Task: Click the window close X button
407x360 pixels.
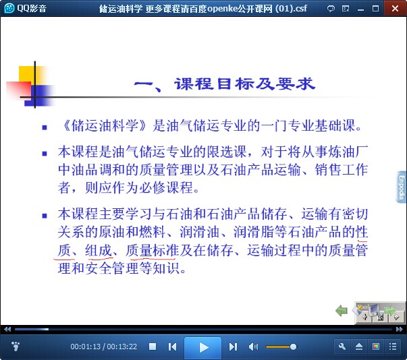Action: pos(395,9)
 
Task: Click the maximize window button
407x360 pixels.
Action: pos(375,9)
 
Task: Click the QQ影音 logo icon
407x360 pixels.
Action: pos(9,8)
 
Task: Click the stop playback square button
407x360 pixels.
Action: pos(153,347)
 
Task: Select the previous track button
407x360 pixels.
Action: pos(172,347)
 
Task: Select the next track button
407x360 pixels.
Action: pos(233,347)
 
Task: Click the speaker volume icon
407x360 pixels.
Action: pos(253,347)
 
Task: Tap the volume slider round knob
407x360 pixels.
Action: pos(293,347)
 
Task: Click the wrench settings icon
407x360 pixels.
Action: pos(342,347)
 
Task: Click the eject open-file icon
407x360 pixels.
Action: pos(359,347)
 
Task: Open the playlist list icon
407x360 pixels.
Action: pos(393,347)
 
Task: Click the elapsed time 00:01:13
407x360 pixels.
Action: pos(86,347)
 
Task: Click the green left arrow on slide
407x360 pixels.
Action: pos(342,310)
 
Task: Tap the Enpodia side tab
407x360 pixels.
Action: pos(402,187)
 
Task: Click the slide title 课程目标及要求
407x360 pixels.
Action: pos(244,84)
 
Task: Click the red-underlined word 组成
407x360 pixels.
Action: pos(99,250)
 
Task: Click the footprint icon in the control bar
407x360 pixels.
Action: pos(16,346)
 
